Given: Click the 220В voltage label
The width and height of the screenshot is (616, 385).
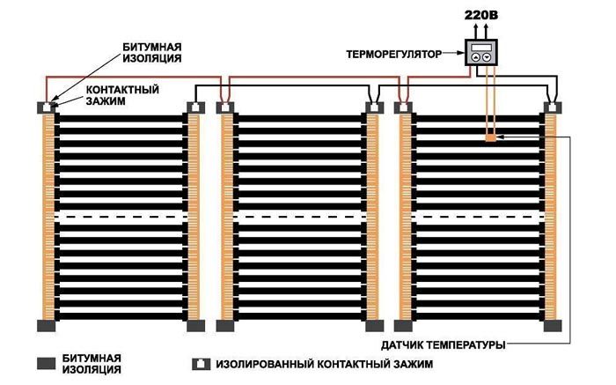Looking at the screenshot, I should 481,13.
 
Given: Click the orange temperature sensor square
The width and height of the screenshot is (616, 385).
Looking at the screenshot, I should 490,138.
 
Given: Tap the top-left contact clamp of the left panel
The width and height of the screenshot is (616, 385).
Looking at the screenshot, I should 46,107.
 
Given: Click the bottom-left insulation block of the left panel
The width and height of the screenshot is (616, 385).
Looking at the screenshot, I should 46,324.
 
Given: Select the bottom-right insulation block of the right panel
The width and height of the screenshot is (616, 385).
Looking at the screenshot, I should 553,324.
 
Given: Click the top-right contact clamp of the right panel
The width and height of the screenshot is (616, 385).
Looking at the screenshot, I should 553,107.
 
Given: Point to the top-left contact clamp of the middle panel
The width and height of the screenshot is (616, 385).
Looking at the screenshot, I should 225,107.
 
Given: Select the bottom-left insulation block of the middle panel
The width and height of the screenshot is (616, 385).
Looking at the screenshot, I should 225,324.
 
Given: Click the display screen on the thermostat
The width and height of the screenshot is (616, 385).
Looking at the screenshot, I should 481,48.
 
